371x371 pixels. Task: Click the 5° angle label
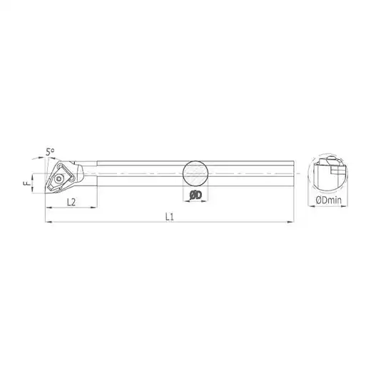(x=50, y=152)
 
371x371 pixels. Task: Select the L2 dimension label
(x=71, y=202)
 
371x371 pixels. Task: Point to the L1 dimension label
(x=170, y=217)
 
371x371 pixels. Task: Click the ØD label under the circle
(x=195, y=195)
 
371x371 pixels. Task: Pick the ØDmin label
(x=328, y=200)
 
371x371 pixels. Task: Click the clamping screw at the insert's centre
(x=58, y=179)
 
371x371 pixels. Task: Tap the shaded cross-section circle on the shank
(x=195, y=173)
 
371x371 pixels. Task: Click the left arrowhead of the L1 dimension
(x=48, y=222)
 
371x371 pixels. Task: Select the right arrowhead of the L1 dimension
(x=291, y=222)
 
